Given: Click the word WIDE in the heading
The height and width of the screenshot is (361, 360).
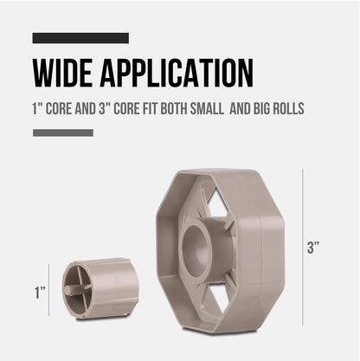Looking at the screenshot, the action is (x=62, y=73).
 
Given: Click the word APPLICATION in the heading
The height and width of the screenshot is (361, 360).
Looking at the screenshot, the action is (x=177, y=73).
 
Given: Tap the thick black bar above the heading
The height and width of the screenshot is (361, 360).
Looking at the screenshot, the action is (x=80, y=38).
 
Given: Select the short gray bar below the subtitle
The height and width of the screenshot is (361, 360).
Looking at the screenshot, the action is (x=63, y=132).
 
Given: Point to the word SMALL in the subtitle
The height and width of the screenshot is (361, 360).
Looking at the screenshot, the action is (x=207, y=109).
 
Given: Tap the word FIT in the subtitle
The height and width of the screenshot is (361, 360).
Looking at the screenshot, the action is (x=150, y=109).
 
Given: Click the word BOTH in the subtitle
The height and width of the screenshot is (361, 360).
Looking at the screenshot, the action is (x=174, y=109).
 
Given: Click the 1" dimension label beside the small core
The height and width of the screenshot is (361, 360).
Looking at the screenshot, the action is (x=40, y=293).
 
